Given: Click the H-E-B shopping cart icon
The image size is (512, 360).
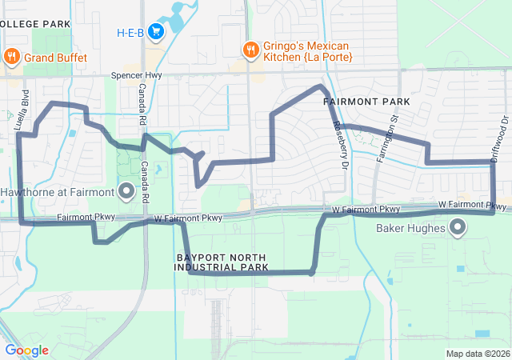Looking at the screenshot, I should [156, 33].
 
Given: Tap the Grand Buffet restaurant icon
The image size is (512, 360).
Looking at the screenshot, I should [12, 57].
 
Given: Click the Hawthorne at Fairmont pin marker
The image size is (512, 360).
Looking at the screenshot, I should [126, 190].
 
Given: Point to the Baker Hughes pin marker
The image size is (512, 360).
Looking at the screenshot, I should [458, 228].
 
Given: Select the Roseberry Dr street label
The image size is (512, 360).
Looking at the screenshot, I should [341, 145].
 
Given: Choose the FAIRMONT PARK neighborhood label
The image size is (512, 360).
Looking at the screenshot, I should [366, 102].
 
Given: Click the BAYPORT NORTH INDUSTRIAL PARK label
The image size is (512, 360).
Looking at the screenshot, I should [221, 262].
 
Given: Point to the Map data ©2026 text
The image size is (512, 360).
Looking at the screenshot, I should [477, 354].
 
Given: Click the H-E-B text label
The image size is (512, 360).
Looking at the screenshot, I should [130, 33].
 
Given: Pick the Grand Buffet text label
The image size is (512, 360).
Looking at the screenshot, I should [54, 58].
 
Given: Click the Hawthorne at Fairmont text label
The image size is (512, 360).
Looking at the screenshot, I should [58, 192].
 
